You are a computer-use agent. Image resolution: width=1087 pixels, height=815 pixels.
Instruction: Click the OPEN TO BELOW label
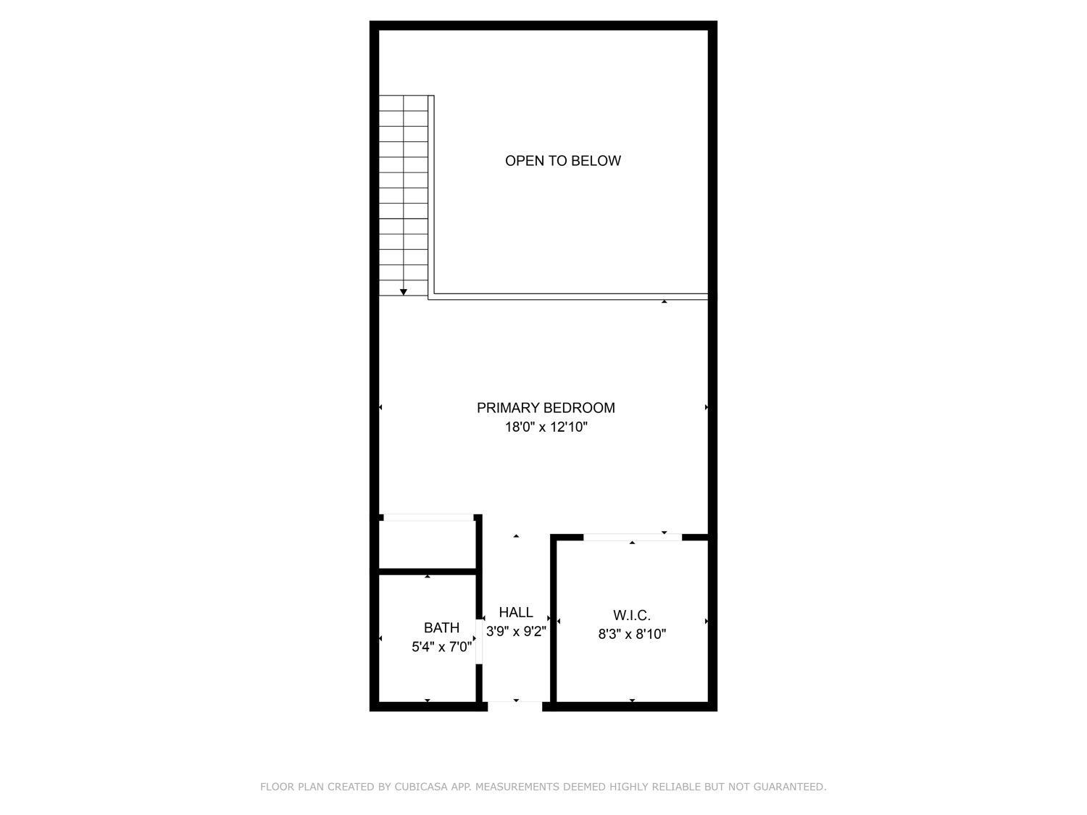[562, 161]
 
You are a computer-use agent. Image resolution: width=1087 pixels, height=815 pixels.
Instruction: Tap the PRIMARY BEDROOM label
[546, 408]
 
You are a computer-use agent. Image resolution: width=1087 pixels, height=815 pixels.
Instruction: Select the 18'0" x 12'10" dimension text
[546, 427]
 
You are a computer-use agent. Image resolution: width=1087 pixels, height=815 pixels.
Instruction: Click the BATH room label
[441, 627]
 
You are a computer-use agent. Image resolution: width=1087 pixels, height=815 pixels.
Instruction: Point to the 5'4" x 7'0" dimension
[441, 647]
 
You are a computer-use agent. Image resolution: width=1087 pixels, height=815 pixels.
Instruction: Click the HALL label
[516, 612]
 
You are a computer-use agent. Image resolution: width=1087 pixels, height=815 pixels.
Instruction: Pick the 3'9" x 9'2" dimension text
[516, 632]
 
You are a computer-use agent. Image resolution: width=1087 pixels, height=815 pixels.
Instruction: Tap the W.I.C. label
[632, 615]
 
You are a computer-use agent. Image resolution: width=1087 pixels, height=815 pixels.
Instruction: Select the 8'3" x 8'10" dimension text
[632, 635]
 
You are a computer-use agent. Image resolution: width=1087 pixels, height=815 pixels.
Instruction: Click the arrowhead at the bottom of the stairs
[404, 292]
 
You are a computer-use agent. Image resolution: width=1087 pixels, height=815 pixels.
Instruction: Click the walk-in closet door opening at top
[632, 537]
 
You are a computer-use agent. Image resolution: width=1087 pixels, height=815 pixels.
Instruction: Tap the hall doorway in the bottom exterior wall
[515, 705]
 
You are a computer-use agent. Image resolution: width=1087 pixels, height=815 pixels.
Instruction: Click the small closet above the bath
[427, 545]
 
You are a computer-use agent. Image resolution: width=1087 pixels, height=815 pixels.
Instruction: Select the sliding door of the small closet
[428, 517]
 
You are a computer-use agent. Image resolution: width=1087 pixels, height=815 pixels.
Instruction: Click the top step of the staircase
[404, 103]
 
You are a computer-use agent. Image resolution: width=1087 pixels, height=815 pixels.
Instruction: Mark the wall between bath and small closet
[427, 572]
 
